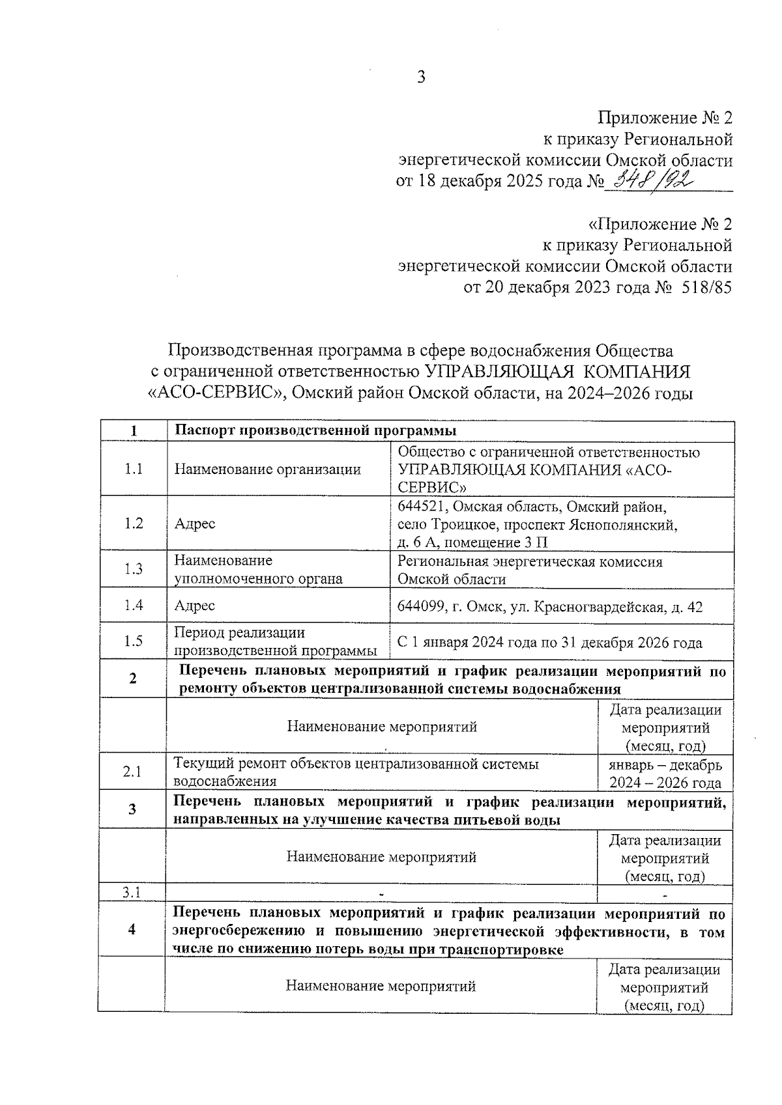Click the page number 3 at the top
(x=421, y=77)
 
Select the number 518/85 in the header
(x=706, y=287)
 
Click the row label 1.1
(x=134, y=469)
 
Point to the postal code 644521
(x=420, y=507)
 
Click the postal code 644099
(x=420, y=607)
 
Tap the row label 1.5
(x=134, y=641)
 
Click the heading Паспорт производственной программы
(x=315, y=431)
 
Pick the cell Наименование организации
(x=267, y=469)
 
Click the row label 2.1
(x=132, y=772)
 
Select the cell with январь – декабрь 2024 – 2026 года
(x=665, y=774)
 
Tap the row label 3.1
(x=132, y=892)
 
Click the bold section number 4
(x=132, y=929)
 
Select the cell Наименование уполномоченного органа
(x=258, y=569)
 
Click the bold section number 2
(x=133, y=678)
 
